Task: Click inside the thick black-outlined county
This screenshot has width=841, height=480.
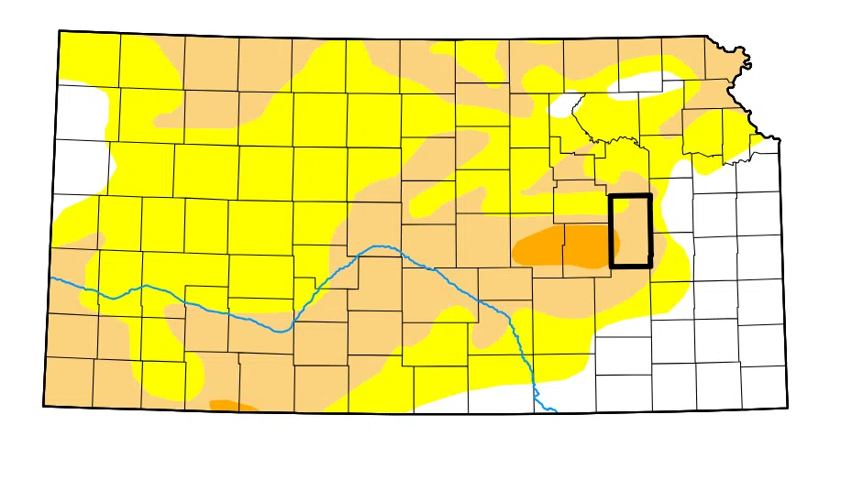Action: click(631, 231)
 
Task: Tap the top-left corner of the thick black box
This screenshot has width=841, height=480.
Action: click(612, 196)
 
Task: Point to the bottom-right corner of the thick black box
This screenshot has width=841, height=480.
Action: click(650, 266)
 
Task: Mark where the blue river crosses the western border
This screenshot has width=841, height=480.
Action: click(51, 277)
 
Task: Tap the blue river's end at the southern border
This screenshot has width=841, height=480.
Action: click(555, 411)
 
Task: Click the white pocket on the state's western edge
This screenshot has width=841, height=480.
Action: click(83, 147)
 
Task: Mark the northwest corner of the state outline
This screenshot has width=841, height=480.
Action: click(60, 31)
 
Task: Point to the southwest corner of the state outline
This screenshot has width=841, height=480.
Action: click(44, 405)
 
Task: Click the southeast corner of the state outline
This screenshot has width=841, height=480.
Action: click(786, 408)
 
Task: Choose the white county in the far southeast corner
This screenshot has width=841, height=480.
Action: click(763, 386)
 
